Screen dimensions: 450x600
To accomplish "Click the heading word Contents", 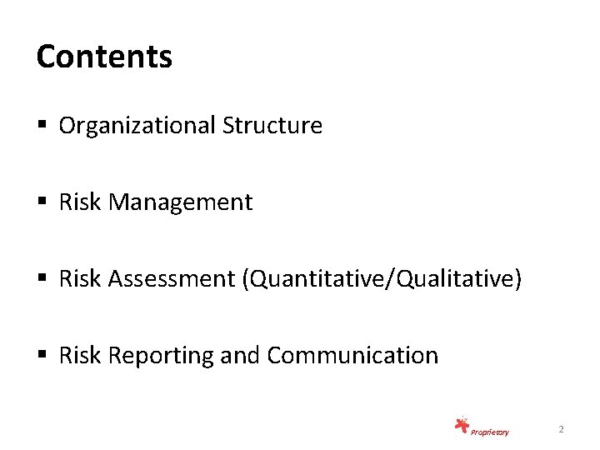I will click(104, 57).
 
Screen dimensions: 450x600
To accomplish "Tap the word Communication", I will click(353, 356).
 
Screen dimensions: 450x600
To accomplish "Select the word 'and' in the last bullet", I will click(242, 356).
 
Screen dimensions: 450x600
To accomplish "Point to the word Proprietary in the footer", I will click(489, 432).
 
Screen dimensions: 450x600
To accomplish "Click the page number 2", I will click(561, 429).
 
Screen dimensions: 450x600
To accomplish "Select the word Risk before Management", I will click(78, 202).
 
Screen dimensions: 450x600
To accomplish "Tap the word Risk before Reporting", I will click(78, 356).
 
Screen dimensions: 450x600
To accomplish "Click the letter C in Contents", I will click(46, 57).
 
